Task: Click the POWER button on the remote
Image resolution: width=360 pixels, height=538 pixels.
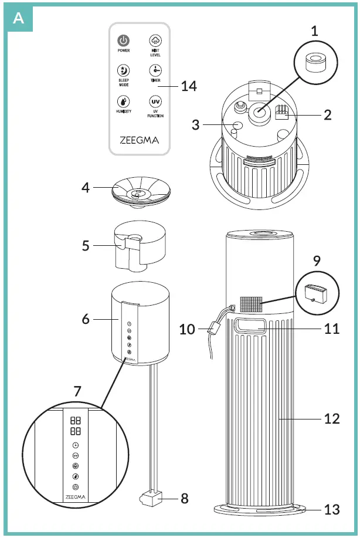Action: coord(124,41)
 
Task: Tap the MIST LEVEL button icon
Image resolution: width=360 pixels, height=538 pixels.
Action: coord(155,40)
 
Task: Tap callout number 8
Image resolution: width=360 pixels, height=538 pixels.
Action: coord(185,499)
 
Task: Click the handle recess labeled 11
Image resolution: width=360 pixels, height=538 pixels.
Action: coord(250,326)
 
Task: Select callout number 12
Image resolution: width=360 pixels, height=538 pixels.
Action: coord(332,419)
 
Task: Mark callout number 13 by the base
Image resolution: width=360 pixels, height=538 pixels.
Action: coord(332,509)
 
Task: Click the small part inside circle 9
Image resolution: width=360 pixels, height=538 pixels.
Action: coord(318,292)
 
